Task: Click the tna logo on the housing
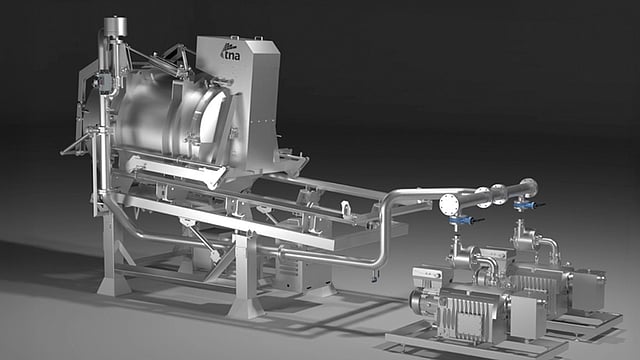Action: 230,52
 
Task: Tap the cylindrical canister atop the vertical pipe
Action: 115,26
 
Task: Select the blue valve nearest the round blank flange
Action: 461,220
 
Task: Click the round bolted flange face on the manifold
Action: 450,204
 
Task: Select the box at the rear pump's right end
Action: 588,289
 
